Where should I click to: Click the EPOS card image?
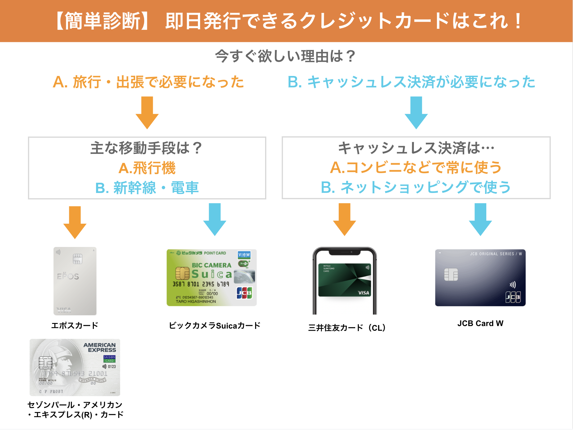[75, 281]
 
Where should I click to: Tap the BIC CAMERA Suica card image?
[212, 278]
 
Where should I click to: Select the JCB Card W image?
[480, 278]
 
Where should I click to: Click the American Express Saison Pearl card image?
[75, 367]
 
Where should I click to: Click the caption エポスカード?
[75, 325]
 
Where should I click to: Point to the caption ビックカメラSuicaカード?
[214, 325]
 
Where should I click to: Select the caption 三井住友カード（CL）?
[347, 328]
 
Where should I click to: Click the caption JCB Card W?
[480, 323]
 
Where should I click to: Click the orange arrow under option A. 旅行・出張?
[147, 112]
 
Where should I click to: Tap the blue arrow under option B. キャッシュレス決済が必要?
[416, 112]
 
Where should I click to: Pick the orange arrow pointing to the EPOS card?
[75, 222]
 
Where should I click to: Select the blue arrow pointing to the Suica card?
[215, 219]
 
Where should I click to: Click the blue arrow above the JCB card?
[480, 219]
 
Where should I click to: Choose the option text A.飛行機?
[147, 168]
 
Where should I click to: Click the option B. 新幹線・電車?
[147, 188]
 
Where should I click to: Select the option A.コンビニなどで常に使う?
[416, 168]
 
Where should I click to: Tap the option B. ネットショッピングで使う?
[416, 187]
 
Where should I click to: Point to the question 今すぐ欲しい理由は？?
[286, 56]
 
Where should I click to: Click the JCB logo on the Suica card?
[244, 293]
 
